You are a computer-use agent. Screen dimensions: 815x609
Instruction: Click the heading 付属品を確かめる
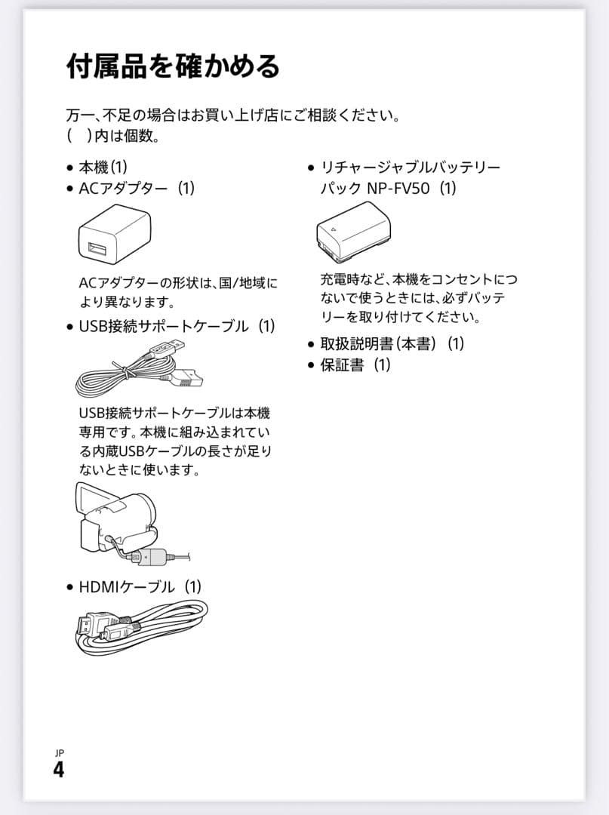pos(173,66)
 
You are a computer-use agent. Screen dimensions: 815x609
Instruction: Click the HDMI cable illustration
pos(140,628)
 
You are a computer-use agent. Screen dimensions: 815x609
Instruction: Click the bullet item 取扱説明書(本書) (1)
pos(392,343)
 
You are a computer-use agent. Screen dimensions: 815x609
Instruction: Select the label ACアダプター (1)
pos(137,188)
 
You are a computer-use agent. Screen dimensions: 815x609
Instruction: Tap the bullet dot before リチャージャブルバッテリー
pos(310,168)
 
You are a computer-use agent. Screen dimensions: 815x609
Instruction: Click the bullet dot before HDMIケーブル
pos(69,587)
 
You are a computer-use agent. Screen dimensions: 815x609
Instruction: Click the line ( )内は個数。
pos(112,137)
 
